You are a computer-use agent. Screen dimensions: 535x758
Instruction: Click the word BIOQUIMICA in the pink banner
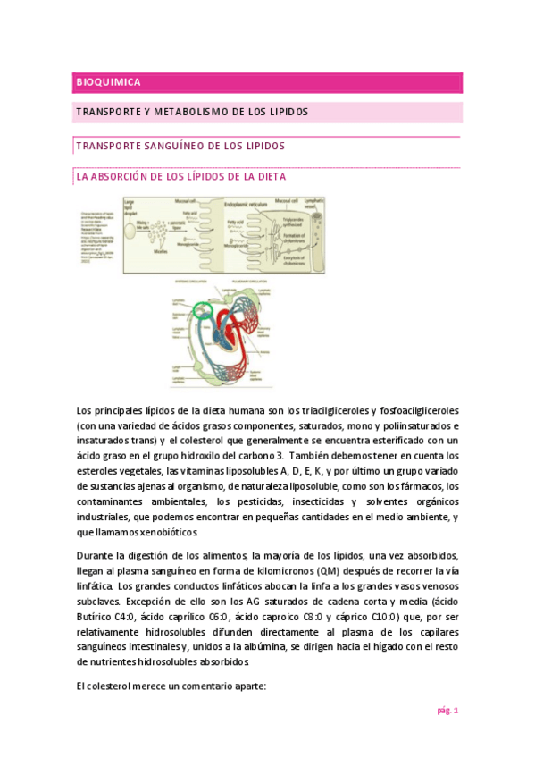tap(108, 82)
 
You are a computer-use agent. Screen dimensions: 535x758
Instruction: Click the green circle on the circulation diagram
tap(203, 311)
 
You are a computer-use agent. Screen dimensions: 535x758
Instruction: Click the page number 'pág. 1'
tap(447, 711)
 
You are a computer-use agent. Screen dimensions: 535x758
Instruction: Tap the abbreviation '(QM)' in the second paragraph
tap(329, 569)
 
